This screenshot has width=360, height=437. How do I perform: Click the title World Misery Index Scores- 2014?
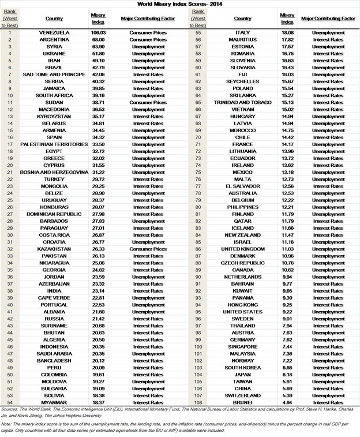180,4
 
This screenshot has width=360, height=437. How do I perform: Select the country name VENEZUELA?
54,33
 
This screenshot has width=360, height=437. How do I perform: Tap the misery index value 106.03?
98,33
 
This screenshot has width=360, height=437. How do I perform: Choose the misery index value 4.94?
287,402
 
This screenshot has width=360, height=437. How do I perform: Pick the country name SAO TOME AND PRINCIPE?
54,74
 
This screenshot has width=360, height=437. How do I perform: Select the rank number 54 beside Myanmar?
10,402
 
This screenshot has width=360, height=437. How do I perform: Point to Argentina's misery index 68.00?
98,40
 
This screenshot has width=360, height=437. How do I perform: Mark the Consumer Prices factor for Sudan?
148,102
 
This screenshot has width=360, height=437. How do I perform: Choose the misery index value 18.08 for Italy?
287,33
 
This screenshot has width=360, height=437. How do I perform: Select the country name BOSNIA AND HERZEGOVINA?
54,172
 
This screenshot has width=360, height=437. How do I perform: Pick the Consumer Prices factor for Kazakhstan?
148,249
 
